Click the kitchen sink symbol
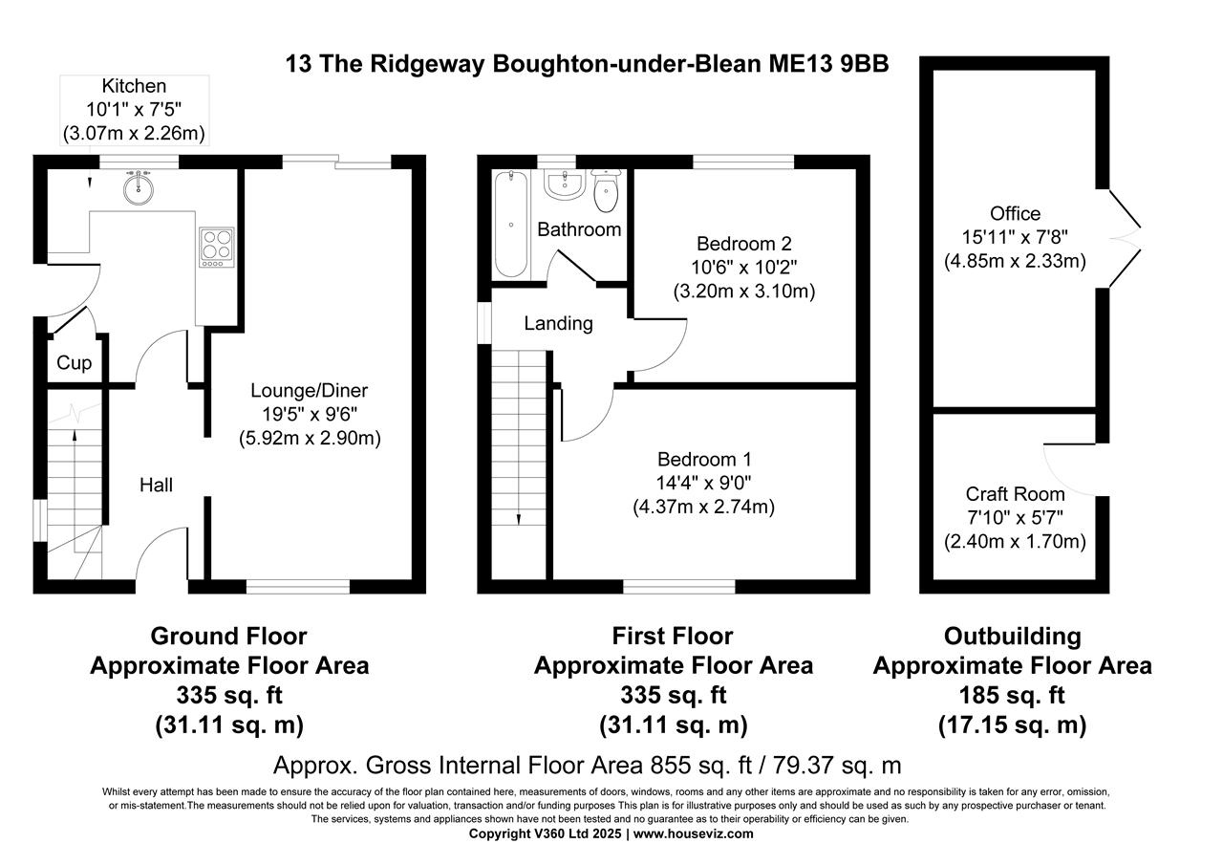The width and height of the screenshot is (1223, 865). [x=139, y=187]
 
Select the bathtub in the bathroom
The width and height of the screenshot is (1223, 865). [x=512, y=225]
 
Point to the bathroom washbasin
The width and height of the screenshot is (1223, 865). [x=564, y=184]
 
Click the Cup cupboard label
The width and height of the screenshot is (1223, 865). [x=74, y=363]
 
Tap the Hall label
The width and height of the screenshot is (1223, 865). [x=156, y=486]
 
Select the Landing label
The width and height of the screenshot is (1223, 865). [x=558, y=324]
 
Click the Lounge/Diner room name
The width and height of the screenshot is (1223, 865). [x=309, y=390]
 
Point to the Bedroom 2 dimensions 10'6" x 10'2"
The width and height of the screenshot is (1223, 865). [x=743, y=267]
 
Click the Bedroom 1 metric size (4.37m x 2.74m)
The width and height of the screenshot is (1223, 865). [x=703, y=508]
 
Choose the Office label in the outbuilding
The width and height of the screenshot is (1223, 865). [x=1015, y=213]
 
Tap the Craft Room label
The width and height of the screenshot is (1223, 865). [x=1015, y=494]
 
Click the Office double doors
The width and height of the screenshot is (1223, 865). [x=1126, y=234]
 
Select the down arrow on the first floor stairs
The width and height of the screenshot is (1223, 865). [x=519, y=517]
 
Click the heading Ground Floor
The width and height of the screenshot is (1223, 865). [x=228, y=636]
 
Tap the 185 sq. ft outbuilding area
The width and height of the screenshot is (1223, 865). [x=1012, y=695]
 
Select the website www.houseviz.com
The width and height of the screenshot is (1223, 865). [x=693, y=833]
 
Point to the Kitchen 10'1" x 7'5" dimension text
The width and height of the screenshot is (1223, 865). [x=134, y=110]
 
